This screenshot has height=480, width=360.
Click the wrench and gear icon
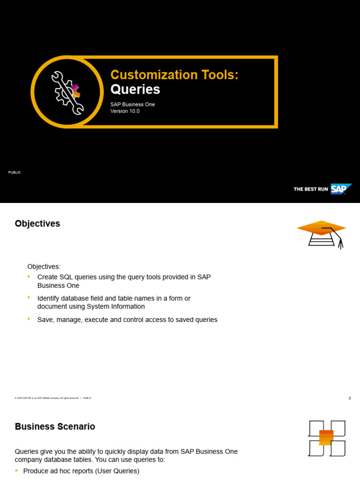tap(67, 92)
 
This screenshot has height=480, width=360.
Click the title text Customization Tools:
tap(174, 75)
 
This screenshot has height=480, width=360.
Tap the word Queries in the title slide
tap(135, 90)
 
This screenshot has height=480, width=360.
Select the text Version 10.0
tap(125, 111)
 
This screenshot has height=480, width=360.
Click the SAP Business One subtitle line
tap(132, 104)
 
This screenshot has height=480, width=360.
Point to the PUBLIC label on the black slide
tap(15, 172)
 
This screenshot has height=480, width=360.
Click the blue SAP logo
tap(340, 189)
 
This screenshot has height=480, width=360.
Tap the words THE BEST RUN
tap(310, 189)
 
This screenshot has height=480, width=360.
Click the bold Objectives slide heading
tap(37, 224)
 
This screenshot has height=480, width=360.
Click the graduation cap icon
tap(322, 233)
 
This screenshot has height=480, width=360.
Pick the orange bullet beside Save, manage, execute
tap(28, 318)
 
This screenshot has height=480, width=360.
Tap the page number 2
tap(350, 398)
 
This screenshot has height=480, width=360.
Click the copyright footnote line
tap(52, 398)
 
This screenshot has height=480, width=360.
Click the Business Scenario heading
tap(55, 427)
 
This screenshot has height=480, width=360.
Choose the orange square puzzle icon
tap(326, 438)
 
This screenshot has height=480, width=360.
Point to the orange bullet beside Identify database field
tap(28, 297)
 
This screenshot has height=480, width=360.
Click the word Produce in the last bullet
tap(36, 471)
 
